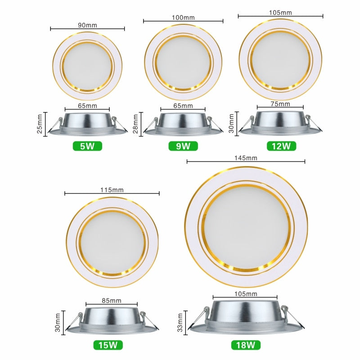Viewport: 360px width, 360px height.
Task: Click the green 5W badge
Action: pyautogui.click(x=87, y=146)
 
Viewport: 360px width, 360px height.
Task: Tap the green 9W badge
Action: pyautogui.click(x=183, y=146)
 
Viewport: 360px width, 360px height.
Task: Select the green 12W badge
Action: pyautogui.click(x=281, y=146)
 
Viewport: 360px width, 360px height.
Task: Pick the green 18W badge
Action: pyautogui.click(x=245, y=346)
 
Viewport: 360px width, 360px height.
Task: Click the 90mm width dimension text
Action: pyautogui.click(x=87, y=26)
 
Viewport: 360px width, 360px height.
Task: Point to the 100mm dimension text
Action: pyautogui.click(x=183, y=18)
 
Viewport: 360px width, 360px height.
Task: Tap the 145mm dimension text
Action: pyautogui.click(x=246, y=158)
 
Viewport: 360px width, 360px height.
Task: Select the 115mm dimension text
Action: pyautogui.click(x=112, y=190)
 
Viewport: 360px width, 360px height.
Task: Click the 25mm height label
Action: pyautogui.click(x=40, y=124)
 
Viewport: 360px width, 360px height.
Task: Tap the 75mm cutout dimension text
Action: pyautogui.click(x=280, y=104)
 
